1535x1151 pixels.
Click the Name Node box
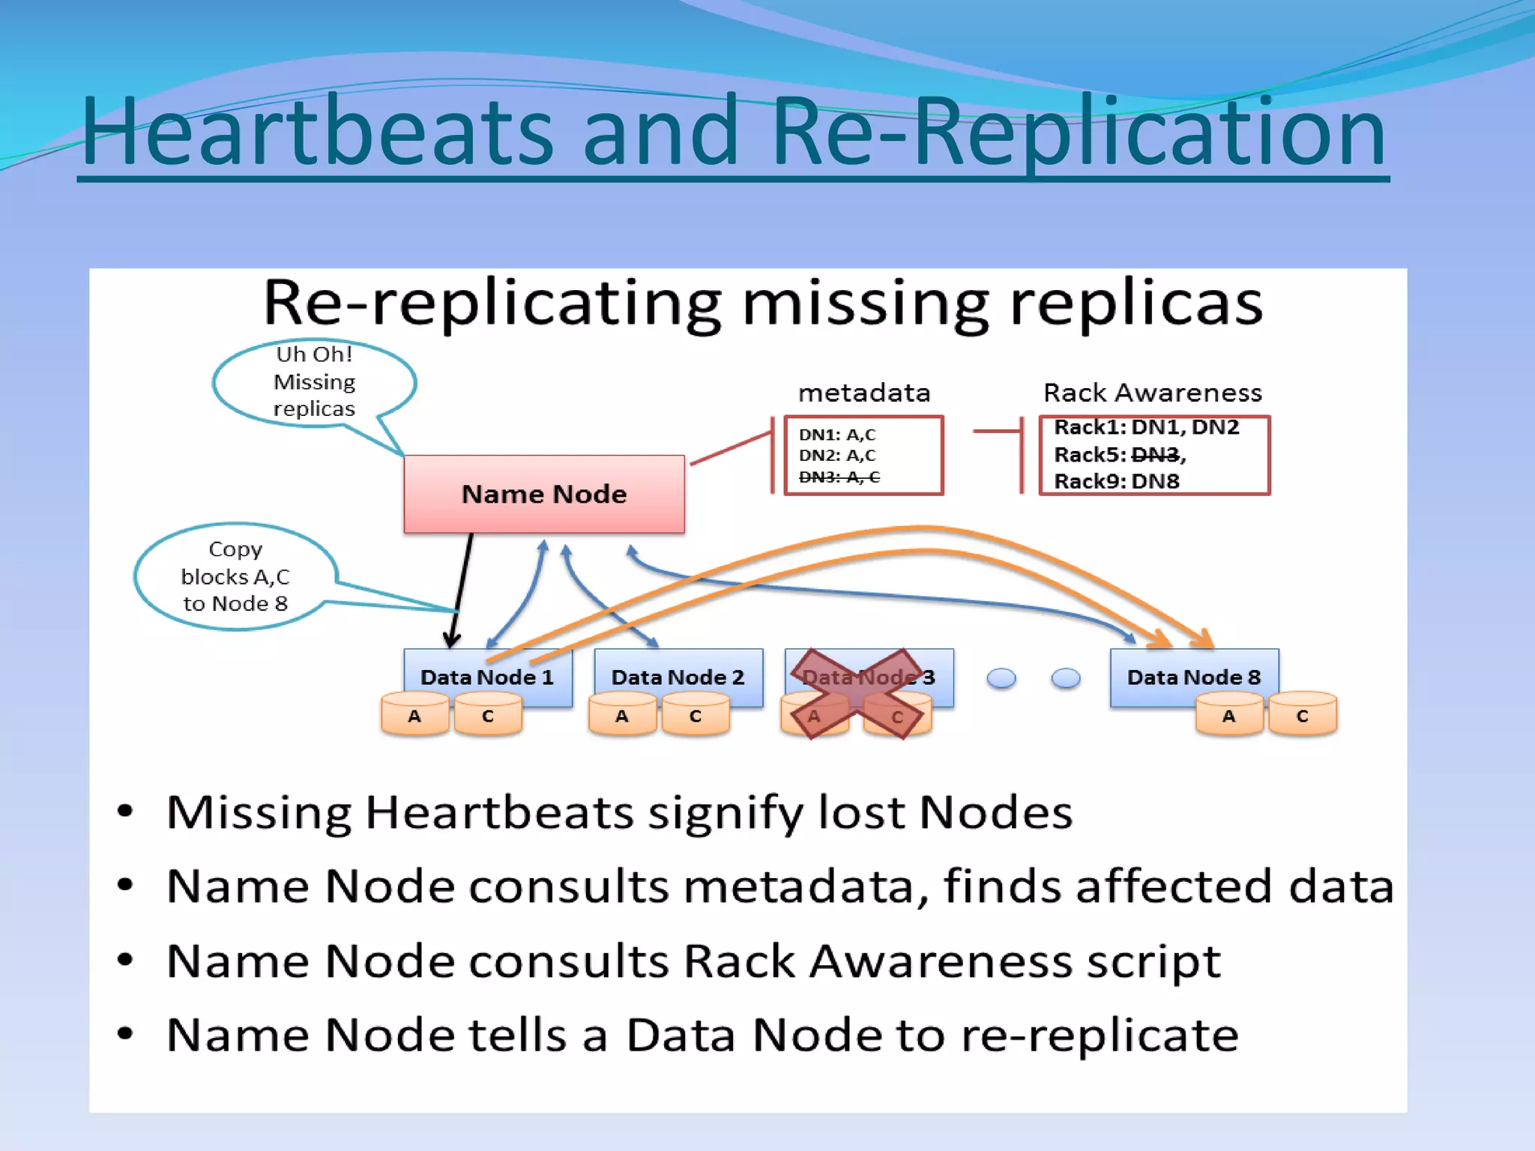pyautogui.click(x=543, y=494)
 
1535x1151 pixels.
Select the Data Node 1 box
pyautogui.click(x=487, y=676)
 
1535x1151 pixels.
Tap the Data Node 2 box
pyautogui.click(x=678, y=676)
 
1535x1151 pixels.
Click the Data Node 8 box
pyautogui.click(x=1193, y=676)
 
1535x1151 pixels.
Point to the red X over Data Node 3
pyautogui.click(x=859, y=694)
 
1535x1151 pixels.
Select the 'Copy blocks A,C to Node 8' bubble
pyautogui.click(x=235, y=576)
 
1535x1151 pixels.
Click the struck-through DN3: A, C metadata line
pyautogui.click(x=839, y=477)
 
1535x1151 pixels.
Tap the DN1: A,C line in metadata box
pyautogui.click(x=836, y=435)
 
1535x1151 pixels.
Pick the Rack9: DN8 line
pyautogui.click(x=1116, y=481)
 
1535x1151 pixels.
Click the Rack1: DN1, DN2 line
pyautogui.click(x=1146, y=427)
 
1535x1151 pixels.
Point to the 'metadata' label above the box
pyautogui.click(x=863, y=393)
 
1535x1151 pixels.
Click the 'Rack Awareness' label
pyautogui.click(x=1152, y=393)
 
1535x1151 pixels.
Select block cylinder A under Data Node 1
pyautogui.click(x=414, y=716)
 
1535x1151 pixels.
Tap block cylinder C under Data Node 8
pyautogui.click(x=1302, y=716)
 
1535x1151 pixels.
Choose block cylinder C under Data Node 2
pyautogui.click(x=695, y=716)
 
